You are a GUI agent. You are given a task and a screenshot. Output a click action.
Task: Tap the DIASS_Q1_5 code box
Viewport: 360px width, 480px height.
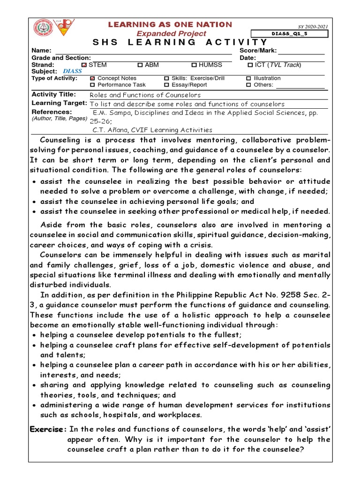click(289, 34)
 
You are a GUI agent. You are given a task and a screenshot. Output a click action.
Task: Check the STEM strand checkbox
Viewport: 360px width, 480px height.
click(84, 65)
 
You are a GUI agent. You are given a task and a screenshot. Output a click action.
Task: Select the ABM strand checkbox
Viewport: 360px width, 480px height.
click(140, 65)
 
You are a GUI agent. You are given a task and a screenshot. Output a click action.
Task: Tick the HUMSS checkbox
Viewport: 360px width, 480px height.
click(194, 65)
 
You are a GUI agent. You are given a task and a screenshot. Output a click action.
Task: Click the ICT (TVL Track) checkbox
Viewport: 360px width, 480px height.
click(250, 65)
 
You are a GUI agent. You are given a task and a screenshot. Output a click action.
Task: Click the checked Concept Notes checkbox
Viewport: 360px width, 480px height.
click(92, 78)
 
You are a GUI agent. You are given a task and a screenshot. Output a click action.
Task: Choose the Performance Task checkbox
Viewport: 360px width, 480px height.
click(92, 85)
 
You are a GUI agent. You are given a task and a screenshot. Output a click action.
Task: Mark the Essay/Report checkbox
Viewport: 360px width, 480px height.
click(166, 85)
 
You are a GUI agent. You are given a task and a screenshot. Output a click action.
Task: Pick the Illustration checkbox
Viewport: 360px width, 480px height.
click(249, 78)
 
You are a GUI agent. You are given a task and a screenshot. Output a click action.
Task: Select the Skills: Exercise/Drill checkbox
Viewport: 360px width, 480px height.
click(166, 78)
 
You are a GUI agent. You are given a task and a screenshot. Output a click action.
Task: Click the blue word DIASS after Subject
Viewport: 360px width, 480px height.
click(72, 71)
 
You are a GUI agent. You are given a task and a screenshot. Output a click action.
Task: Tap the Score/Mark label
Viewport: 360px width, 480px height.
click(258, 51)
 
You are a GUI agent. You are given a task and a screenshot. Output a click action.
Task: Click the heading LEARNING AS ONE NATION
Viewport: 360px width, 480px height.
click(170, 24)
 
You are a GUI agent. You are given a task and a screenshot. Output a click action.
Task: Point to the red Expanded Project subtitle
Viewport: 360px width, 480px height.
click(171, 34)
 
